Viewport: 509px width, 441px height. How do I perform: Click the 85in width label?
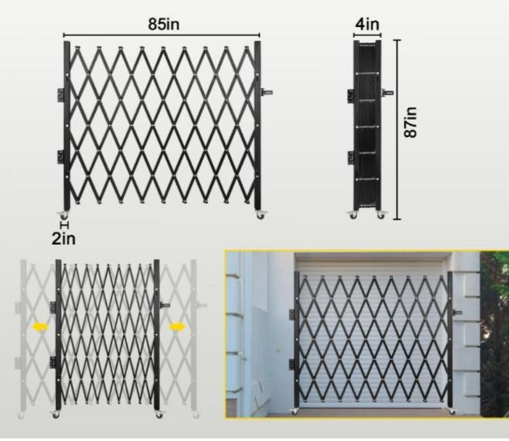164,24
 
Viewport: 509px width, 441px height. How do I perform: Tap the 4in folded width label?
367,24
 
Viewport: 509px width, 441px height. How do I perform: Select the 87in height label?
411,122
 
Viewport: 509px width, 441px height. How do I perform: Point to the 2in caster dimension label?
64,239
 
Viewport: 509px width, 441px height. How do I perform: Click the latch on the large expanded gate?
266,92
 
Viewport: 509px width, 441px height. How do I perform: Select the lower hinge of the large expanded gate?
61,157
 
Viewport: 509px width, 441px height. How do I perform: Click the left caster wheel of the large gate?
64,215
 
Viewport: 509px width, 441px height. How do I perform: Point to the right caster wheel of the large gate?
260,215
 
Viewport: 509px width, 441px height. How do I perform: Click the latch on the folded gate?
388,92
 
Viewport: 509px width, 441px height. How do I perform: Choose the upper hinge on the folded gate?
350,96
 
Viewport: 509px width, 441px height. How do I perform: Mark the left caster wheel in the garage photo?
295,411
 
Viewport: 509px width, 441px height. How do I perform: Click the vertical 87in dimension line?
397,130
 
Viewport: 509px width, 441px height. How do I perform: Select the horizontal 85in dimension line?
162,35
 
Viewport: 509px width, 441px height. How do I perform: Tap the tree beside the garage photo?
495,335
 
